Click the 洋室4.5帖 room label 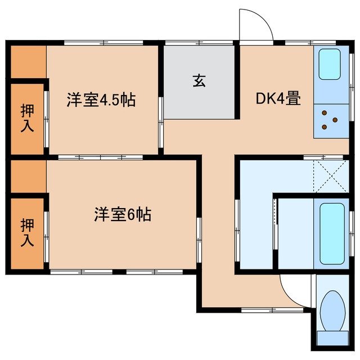pyautogui.click(x=101, y=101)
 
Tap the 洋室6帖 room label pyautogui.click(x=122, y=214)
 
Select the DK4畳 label pyautogui.click(x=278, y=99)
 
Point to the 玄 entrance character pyautogui.click(x=199, y=81)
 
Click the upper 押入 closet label pyautogui.click(x=27, y=118)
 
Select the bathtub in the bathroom pyautogui.click(x=332, y=233)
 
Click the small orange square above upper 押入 pyautogui.click(x=27, y=62)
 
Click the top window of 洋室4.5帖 pyautogui.click(x=102, y=43)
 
